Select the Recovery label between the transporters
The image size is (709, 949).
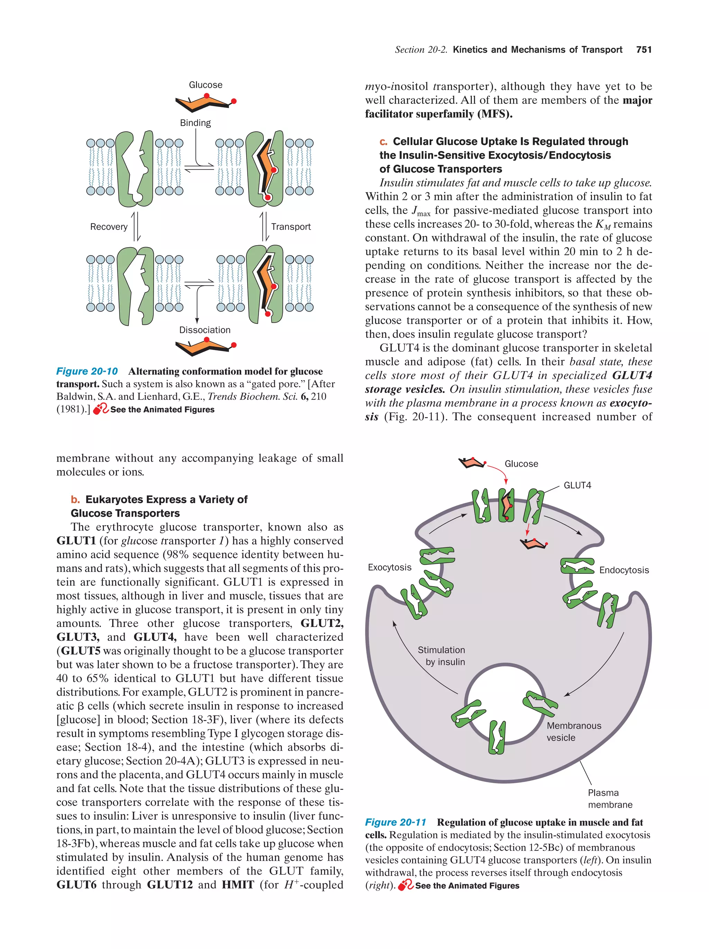[x=108, y=226]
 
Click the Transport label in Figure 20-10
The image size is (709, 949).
[x=291, y=226]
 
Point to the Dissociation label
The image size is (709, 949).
[x=205, y=330]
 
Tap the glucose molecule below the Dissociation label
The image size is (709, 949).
[x=206, y=346]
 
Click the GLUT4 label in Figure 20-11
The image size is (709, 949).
[x=577, y=485]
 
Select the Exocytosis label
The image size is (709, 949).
[x=389, y=567]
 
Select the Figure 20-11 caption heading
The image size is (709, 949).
[x=395, y=822]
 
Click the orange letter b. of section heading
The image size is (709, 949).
[x=75, y=499]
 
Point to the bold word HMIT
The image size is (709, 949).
[x=237, y=885]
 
